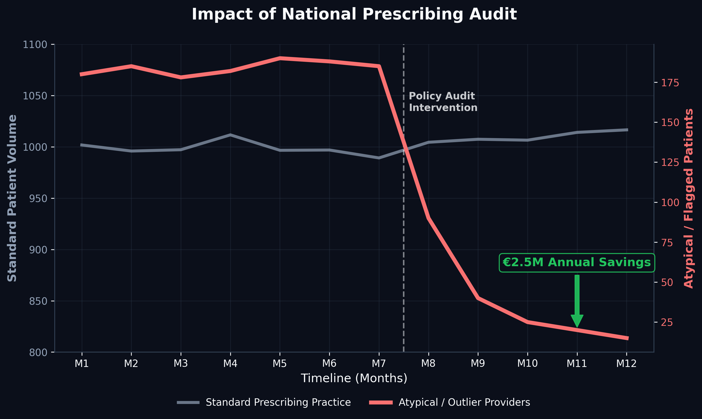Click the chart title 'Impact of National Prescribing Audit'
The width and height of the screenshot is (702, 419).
[354, 14]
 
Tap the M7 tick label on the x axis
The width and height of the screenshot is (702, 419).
[379, 363]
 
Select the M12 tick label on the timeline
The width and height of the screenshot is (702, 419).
[627, 363]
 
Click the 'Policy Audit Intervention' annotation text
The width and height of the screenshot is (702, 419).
[443, 102]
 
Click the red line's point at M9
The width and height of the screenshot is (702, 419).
[478, 298]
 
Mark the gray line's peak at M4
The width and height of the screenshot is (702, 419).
[230, 135]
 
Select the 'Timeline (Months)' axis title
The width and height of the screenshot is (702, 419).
[354, 378]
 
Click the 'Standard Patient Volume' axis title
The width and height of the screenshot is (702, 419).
[12, 198]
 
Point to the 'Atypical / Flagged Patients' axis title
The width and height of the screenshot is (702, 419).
[689, 198]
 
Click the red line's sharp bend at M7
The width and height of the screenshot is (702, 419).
[379, 66]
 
